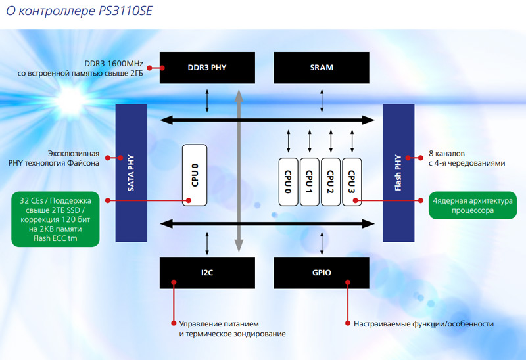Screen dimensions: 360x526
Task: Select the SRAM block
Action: pos(322,68)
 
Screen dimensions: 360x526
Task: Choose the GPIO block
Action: pos(322,272)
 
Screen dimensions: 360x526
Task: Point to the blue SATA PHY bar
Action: pos(130,172)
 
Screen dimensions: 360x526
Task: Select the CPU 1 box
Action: pos(310,181)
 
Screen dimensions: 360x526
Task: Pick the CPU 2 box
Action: pos(331,181)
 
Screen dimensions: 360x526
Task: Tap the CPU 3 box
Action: pos(352,181)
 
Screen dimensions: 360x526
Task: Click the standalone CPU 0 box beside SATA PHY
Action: pos(195,173)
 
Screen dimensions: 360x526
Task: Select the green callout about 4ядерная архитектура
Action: pos(471,206)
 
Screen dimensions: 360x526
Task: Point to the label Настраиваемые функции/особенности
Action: pos(423,324)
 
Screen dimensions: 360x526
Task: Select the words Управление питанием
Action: pos(214,324)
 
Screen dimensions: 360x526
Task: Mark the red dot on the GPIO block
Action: pos(347,282)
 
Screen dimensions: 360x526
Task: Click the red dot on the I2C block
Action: pos(174,282)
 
